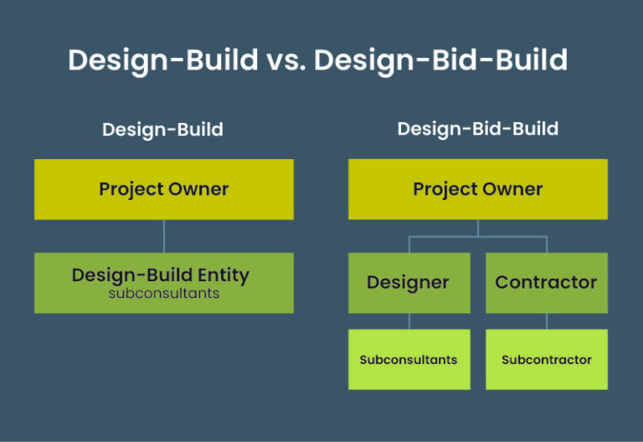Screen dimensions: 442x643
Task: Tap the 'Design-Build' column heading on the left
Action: pos(162,130)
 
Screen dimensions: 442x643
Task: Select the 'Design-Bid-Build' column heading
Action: pos(477,129)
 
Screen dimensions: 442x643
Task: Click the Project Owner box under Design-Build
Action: pos(163,189)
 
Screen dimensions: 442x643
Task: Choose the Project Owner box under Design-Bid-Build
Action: pos(477,189)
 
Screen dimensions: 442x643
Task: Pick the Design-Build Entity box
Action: pos(163,283)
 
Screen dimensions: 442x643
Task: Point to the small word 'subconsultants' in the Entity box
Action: pos(163,294)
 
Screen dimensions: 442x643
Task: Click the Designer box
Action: pos(409,283)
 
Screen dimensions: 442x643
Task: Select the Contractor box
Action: pos(546,283)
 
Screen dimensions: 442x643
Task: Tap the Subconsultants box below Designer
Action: pos(409,360)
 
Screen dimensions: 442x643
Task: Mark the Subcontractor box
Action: pos(546,360)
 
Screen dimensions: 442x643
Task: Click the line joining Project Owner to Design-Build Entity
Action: pos(163,236)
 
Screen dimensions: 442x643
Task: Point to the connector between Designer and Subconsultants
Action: pos(409,321)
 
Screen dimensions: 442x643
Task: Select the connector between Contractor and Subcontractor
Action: pos(547,321)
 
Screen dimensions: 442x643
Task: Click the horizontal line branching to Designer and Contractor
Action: pos(477,237)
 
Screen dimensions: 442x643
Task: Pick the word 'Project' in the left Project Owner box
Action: pos(131,189)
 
